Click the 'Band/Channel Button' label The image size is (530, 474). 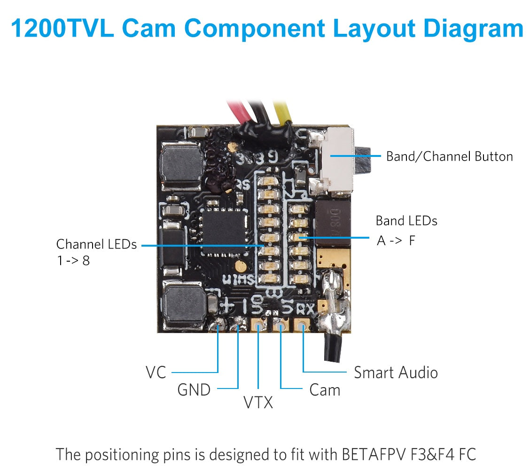[449, 156]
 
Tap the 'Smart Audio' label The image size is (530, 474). [396, 373]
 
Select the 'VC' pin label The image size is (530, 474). [156, 373]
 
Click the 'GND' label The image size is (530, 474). [194, 389]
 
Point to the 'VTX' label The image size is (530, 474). [258, 402]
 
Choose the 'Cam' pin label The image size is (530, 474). [325, 389]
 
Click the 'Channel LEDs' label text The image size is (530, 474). [96, 244]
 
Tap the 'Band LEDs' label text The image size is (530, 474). [406, 221]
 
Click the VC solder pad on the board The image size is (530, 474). [218, 324]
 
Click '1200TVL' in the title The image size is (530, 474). [62, 28]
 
